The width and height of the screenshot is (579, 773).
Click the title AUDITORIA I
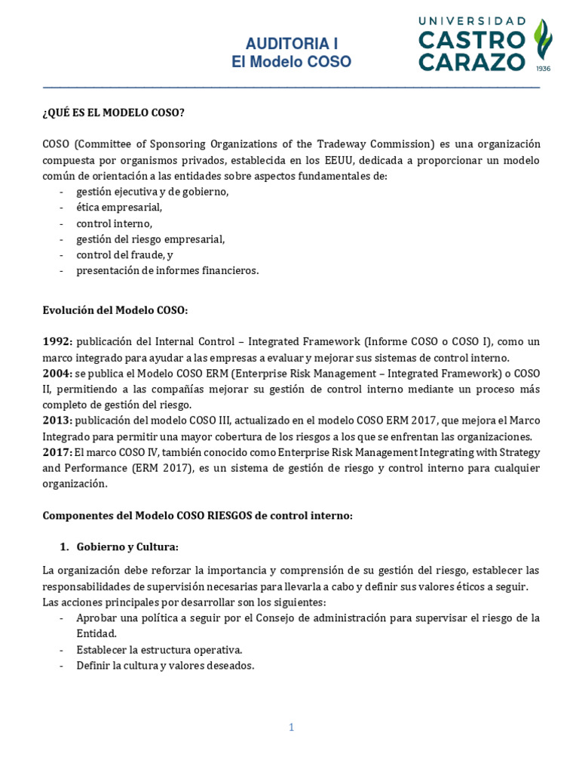[x=290, y=45]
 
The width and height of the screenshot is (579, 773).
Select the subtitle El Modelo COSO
[x=290, y=62]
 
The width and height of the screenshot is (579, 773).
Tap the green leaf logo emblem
[x=542, y=42]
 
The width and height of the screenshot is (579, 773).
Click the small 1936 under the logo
[x=542, y=69]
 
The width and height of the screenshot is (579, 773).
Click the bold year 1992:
[x=57, y=342]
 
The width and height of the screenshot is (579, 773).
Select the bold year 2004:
[x=57, y=374]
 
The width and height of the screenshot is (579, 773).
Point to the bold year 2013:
[x=57, y=420]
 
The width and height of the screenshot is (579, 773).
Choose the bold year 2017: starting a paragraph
[x=57, y=452]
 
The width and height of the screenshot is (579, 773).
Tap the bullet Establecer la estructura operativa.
[x=159, y=649]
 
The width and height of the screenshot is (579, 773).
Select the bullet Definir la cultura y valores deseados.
[x=165, y=666]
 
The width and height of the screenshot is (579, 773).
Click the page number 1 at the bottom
[x=290, y=728]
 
